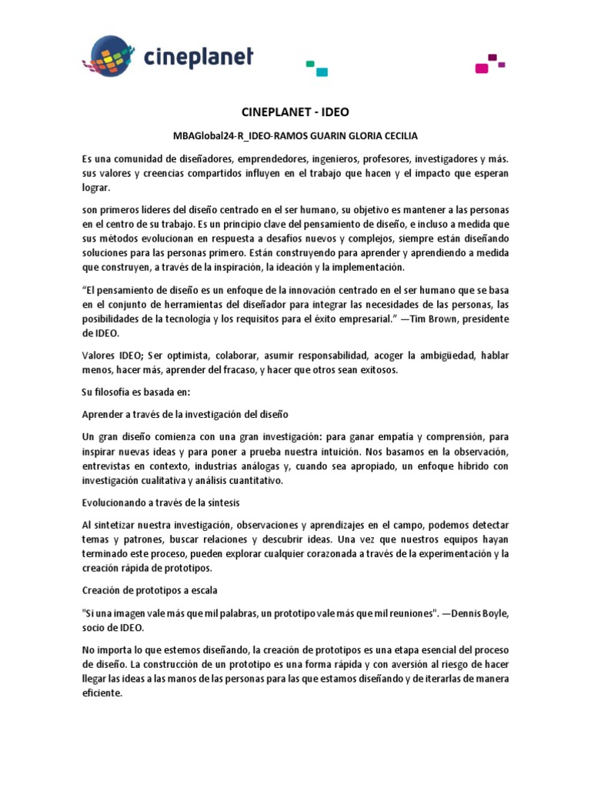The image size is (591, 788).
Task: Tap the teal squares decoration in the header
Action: tap(316, 68)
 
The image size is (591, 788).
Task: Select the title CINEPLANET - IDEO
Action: tap(295, 112)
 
